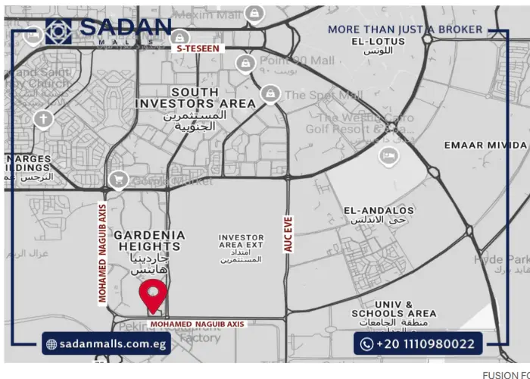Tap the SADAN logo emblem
pos(58,31)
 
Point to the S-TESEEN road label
pos(198,49)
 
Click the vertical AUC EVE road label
pos(288,234)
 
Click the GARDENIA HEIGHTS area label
pos(148,240)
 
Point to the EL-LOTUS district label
pos(378,42)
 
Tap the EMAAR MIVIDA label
pos(485,145)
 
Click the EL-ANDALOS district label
pos(379,210)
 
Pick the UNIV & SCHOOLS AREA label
pos(394,309)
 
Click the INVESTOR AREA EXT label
pos(241,242)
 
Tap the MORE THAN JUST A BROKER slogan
pos(404,30)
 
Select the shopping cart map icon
pos(118,180)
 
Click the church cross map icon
pos(44,119)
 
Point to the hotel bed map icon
pos(388,155)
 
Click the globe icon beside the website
pos(51,344)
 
